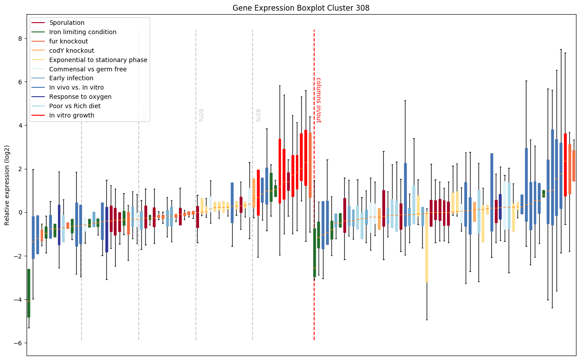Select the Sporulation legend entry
[x=67, y=23]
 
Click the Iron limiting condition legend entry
[x=83, y=32]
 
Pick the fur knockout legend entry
[x=69, y=41]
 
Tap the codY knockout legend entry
[x=72, y=51]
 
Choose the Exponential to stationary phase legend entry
[x=98, y=60]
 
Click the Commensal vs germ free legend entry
[x=88, y=69]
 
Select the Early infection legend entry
[x=71, y=78]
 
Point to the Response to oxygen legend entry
[x=80, y=97]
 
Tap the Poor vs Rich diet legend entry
[x=75, y=106]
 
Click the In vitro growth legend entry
[x=72, y=115]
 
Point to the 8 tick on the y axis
[x=19, y=39]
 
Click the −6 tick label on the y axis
[x=18, y=343]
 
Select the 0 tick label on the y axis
[x=19, y=212]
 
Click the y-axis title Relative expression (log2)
[x=7, y=184]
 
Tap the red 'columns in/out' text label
[x=318, y=100]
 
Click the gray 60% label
[x=200, y=115]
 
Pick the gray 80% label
[x=257, y=115]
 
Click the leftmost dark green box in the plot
[x=29, y=293]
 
